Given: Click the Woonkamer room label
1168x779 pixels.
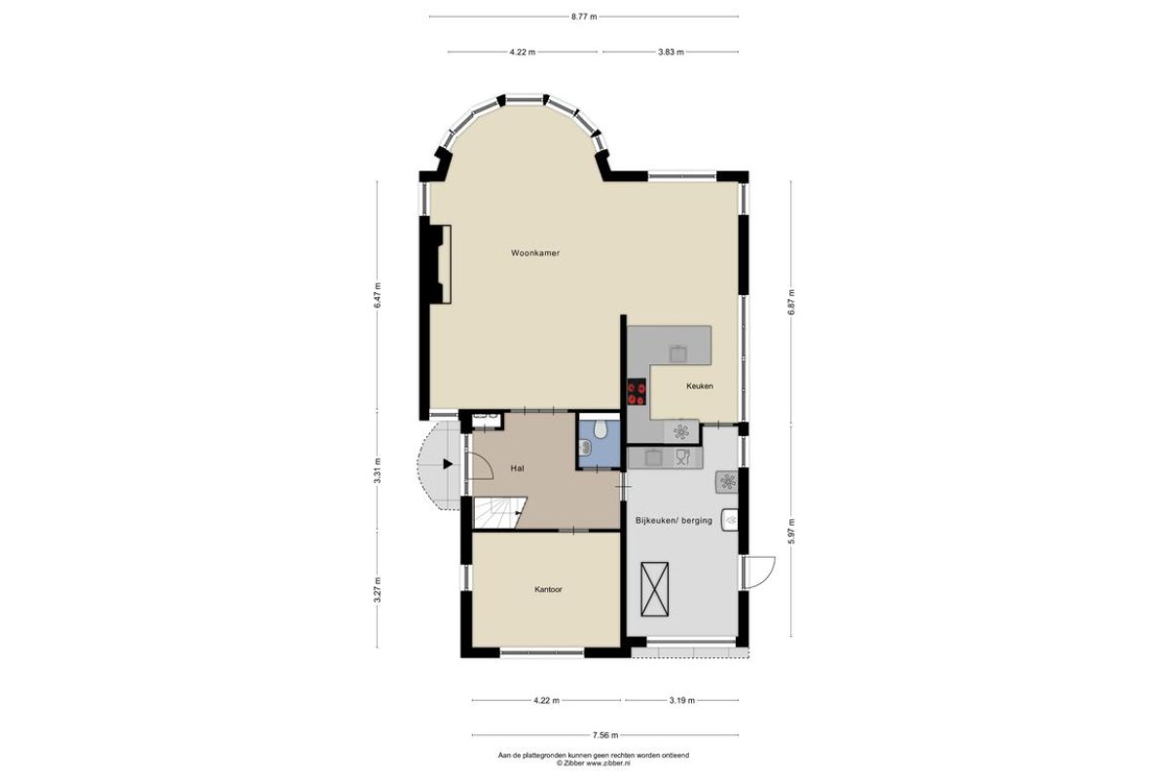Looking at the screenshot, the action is pos(535,253).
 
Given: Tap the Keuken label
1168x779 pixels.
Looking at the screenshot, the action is pos(700,387).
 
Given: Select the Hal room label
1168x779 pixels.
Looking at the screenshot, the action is pos(517,468).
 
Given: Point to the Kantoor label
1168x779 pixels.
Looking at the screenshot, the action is pos(548,589).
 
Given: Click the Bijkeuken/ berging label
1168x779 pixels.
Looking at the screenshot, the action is pos(674,520).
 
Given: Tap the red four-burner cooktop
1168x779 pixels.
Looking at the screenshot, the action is pos(637,392).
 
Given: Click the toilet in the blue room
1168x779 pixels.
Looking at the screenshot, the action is pos(601,427).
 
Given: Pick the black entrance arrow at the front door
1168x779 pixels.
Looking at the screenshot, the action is pos(448,464).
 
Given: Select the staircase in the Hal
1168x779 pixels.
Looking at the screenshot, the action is pos(499,513).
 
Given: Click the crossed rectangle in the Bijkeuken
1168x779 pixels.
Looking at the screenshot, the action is pos(654,589).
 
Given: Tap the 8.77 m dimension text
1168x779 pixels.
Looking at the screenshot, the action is pos(584,17).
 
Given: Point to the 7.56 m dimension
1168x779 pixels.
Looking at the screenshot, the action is pos(605,736).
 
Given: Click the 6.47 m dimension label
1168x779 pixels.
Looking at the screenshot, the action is pos(378,296).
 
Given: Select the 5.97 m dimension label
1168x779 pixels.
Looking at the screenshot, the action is pos(791,531).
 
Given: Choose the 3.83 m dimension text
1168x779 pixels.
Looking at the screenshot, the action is pos(671,53).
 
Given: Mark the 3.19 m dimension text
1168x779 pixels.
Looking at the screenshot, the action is pos(682,701).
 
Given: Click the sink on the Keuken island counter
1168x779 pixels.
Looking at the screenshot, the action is pos(677,353).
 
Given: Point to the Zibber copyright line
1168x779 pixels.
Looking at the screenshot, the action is pos(594,762).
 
